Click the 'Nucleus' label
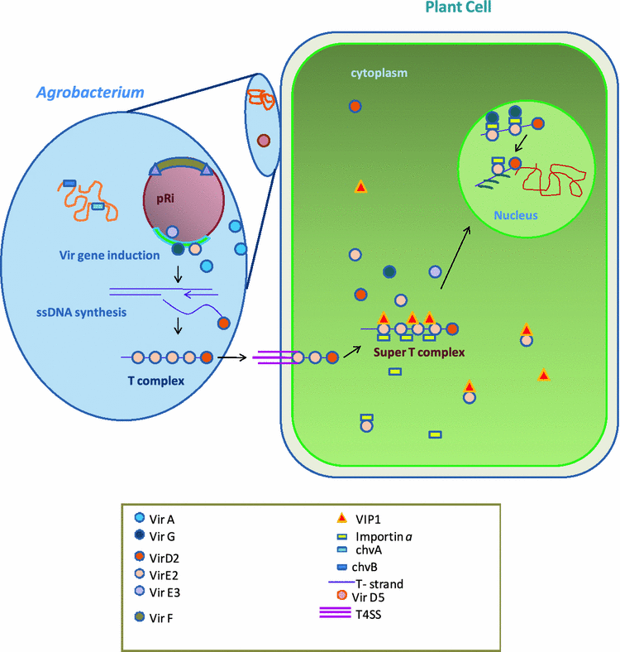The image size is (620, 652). pos(516,215)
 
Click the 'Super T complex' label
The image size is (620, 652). pos(418,352)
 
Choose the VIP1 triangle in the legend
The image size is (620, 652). pos(341,520)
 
